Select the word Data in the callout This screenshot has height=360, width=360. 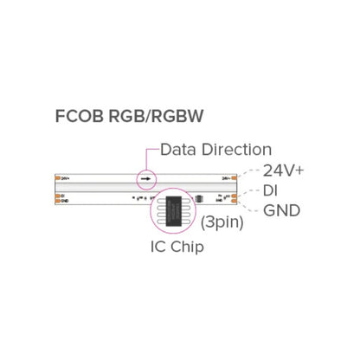point(178,150)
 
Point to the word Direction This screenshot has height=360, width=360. point(234,150)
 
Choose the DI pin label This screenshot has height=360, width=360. point(271,190)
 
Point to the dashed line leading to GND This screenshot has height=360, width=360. point(251,207)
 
